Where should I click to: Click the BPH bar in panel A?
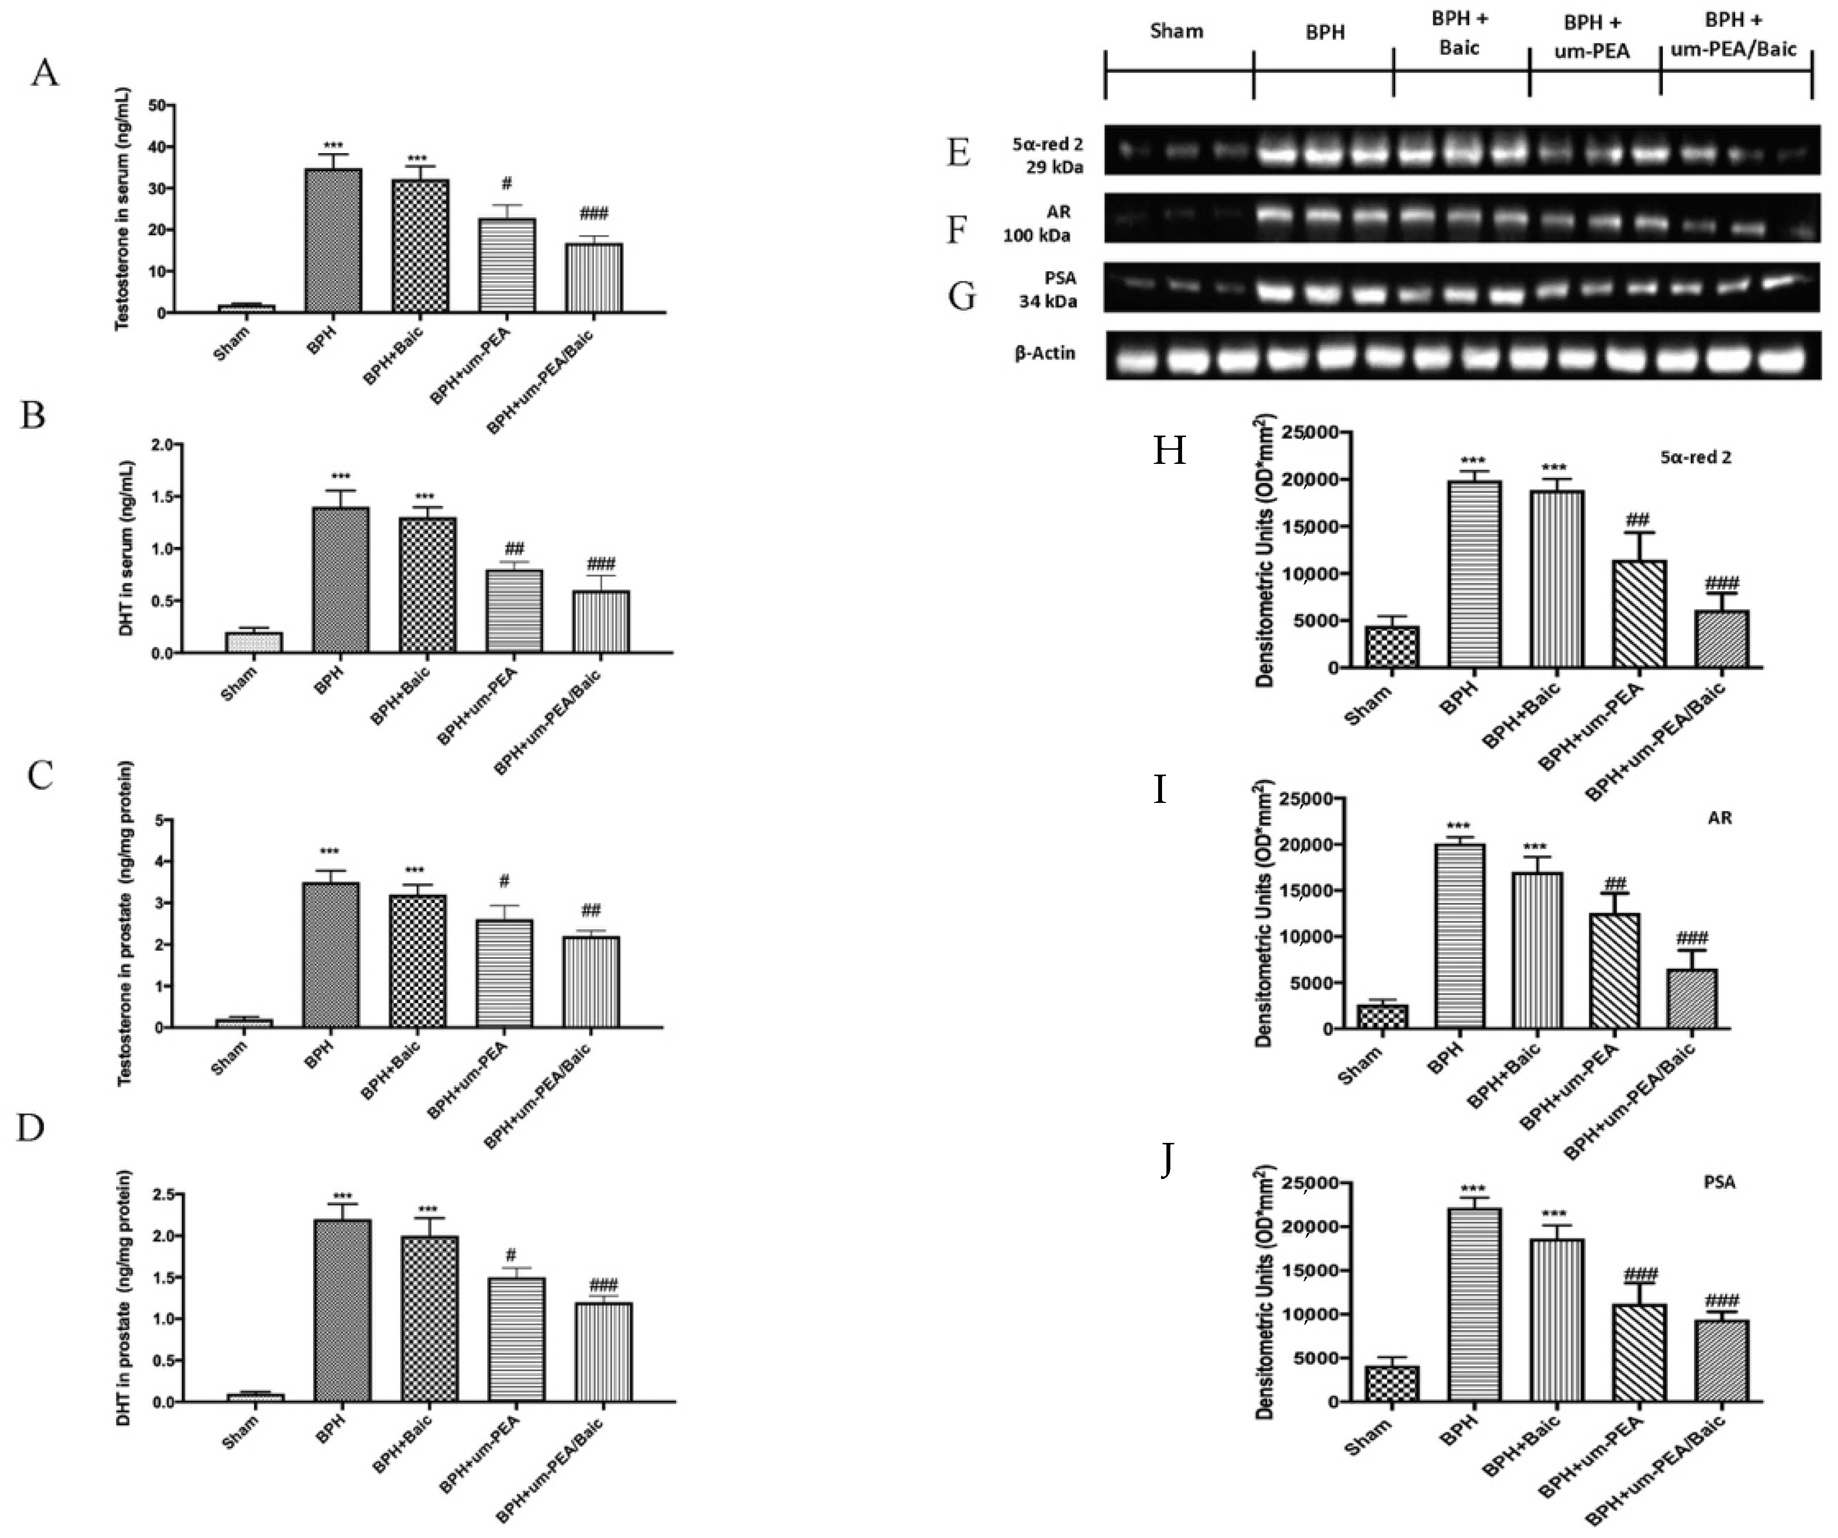coord(333,240)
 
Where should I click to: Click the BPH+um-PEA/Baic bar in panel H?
coord(1721,639)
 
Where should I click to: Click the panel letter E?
coord(959,153)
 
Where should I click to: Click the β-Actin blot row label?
coord(1045,354)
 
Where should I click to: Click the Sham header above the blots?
coord(1176,32)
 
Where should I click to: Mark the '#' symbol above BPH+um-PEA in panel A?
coord(507,184)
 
